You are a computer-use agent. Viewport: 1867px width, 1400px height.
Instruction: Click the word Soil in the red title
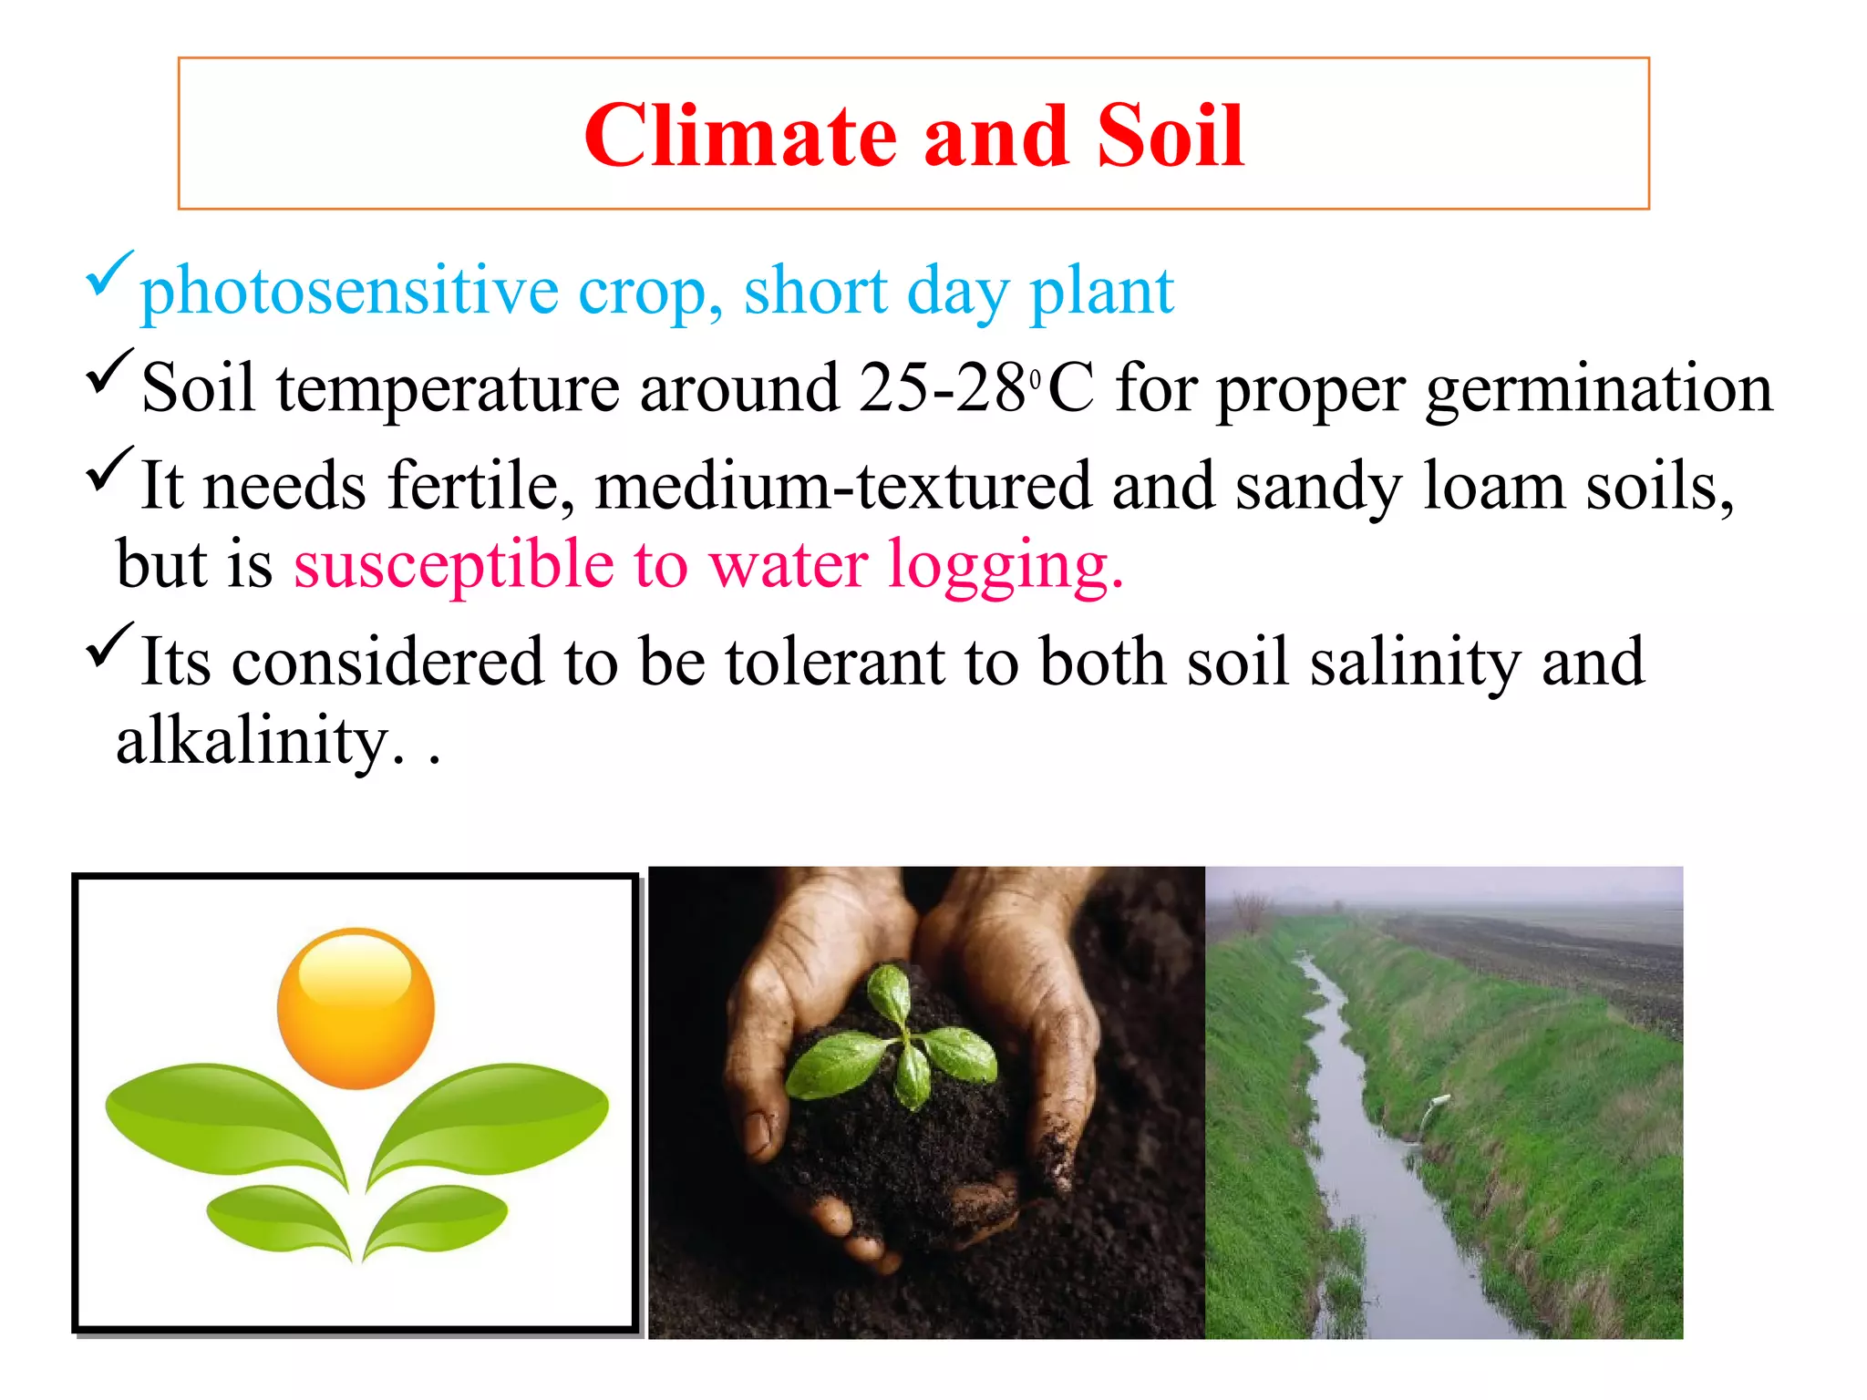click(1170, 137)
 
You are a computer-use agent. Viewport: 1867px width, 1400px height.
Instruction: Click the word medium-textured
click(842, 486)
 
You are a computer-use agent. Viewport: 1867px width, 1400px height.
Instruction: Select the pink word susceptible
click(453, 564)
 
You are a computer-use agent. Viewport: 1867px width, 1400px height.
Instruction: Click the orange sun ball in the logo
click(356, 1008)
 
